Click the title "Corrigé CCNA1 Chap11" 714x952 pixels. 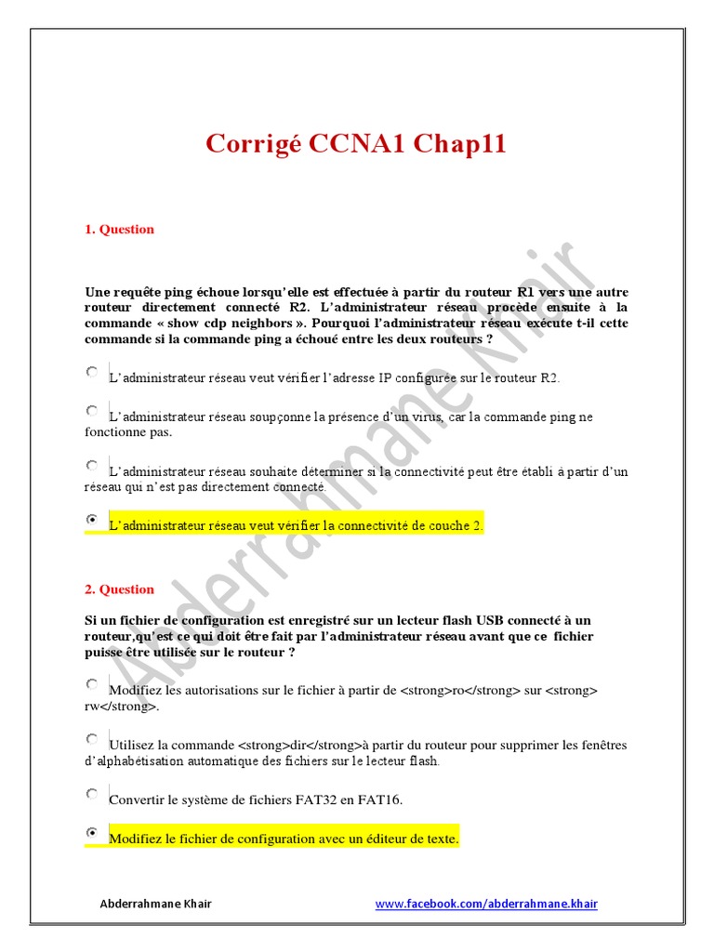356,144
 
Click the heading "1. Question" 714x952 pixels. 119,230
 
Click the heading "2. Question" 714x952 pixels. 119,589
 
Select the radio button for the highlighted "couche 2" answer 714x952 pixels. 92,519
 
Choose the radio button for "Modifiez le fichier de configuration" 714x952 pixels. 92,832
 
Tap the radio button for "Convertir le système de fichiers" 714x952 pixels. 92,794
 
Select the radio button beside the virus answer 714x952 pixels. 92,410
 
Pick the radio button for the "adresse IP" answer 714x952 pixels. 92,371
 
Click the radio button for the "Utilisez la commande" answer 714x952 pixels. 92,739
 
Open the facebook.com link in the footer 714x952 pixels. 486,904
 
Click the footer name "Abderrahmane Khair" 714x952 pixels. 155,904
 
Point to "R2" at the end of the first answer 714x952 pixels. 549,377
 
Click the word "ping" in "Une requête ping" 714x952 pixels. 178,292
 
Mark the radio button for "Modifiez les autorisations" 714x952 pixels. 92,684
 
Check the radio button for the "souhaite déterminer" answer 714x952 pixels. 92,465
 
